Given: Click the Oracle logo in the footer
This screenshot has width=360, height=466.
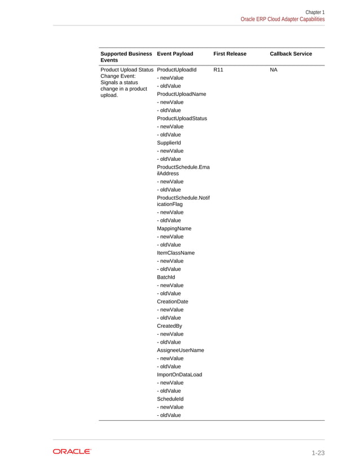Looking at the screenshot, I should (72, 451).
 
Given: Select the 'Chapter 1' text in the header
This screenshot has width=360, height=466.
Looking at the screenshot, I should (315, 12).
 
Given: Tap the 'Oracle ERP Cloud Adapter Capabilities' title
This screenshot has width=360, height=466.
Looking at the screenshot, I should (283, 19).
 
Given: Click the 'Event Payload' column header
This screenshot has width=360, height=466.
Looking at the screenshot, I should (175, 54).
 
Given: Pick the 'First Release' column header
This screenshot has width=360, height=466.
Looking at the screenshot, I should (230, 54).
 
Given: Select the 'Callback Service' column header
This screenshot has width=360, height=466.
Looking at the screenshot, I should (291, 54).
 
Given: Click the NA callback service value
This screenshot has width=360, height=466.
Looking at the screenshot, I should (274, 70).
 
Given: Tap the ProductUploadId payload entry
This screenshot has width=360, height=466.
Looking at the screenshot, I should (177, 70).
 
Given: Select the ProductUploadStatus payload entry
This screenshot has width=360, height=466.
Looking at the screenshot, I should (182, 118).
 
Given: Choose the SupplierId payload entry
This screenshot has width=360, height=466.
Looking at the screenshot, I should (169, 143).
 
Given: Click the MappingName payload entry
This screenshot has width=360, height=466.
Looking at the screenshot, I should (174, 228).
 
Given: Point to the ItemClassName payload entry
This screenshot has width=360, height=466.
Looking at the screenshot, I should (175, 253).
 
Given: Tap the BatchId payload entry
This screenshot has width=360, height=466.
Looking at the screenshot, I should (166, 278).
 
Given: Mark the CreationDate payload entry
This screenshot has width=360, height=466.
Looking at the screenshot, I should (173, 302).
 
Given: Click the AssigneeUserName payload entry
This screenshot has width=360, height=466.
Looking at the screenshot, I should (181, 350).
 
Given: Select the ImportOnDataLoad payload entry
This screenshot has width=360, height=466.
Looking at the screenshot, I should (179, 375).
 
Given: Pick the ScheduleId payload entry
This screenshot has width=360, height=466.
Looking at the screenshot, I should (170, 399).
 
